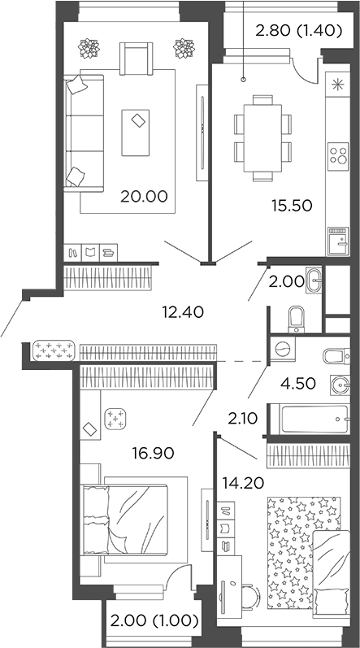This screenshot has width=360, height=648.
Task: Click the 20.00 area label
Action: pos(144,196)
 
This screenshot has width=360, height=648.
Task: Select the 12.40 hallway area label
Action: pos(181,311)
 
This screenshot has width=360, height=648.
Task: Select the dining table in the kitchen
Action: pos(262,137)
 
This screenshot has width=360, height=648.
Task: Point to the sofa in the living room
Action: pos(84,132)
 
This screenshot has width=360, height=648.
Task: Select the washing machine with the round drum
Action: pos(283,349)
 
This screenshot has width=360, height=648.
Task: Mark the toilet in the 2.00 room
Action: pos(297,316)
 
